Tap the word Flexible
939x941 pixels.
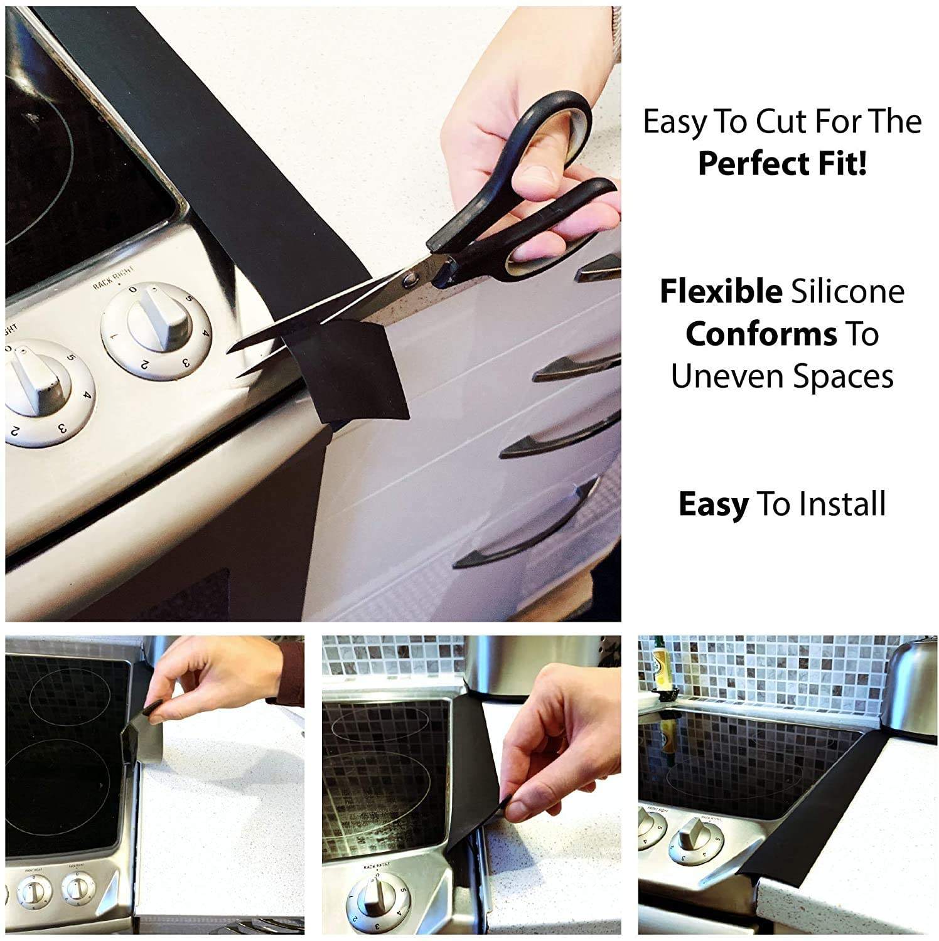coord(720,292)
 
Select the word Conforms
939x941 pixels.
coord(761,334)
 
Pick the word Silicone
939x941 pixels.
coord(847,292)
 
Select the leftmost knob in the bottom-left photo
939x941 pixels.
coord(35,891)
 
